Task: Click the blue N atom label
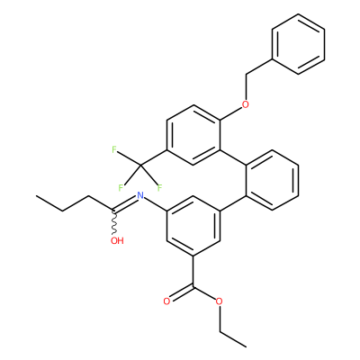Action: [x=139, y=195]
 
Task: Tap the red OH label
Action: [x=117, y=240]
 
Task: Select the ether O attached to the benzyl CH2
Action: [x=246, y=104]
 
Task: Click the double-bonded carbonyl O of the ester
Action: [x=166, y=301]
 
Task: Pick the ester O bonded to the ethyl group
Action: [x=220, y=301]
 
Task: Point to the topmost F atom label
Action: [x=114, y=149]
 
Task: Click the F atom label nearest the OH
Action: [x=121, y=188]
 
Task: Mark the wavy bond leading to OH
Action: [x=114, y=222]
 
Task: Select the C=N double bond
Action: [x=125, y=203]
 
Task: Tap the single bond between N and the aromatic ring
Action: [x=155, y=204]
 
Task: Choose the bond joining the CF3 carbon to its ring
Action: [x=153, y=157]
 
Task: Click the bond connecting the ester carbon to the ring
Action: [x=193, y=271]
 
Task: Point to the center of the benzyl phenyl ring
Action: [x=298, y=44]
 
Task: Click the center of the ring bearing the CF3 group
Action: [x=193, y=135]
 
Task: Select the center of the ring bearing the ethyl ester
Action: [x=193, y=226]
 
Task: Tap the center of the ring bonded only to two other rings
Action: [x=272, y=180]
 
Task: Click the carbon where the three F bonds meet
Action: [x=140, y=166]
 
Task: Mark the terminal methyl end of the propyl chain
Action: [x=36, y=196]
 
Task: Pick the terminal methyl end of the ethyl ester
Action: [x=246, y=346]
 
